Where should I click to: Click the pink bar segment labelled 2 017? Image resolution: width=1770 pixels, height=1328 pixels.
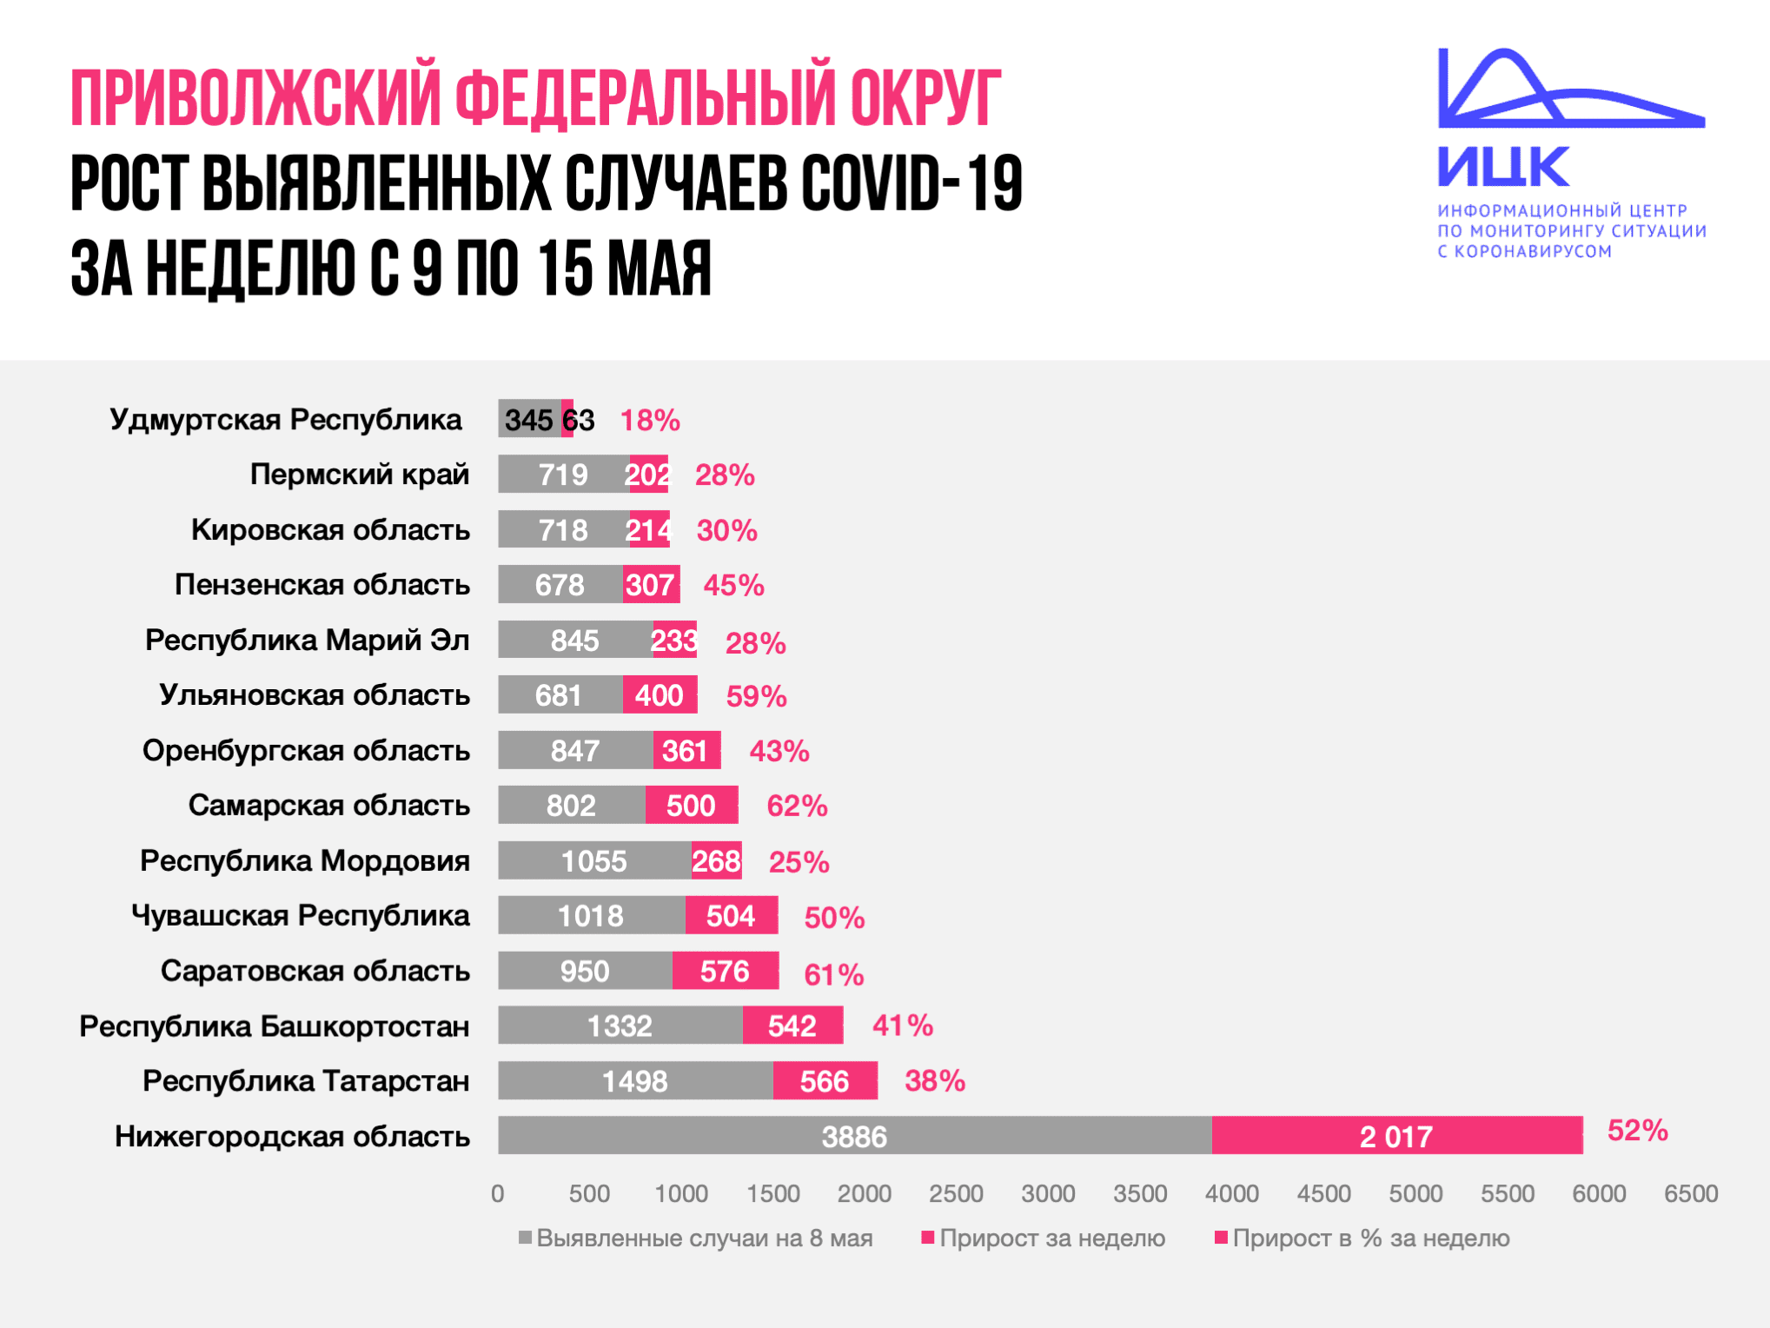[1396, 1136]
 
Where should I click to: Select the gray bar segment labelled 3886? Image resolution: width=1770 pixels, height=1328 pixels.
[854, 1136]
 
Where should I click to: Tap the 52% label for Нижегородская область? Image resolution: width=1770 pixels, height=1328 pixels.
[1637, 1130]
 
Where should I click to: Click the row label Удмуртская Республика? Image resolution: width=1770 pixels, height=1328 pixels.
[285, 419]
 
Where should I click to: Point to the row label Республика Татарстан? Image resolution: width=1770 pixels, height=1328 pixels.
[306, 1081]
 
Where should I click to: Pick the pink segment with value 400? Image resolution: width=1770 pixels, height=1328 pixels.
[660, 695]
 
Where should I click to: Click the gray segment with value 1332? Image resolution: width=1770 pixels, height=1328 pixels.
[620, 1026]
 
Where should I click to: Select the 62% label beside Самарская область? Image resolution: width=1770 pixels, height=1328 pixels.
[797, 806]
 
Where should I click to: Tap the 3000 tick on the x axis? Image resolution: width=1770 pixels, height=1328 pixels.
[1048, 1193]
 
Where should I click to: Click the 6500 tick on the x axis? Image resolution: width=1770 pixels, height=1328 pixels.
[1691, 1193]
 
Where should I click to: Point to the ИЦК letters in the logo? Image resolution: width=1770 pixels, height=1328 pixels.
[1502, 166]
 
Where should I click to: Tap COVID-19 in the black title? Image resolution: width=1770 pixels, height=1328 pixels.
[912, 183]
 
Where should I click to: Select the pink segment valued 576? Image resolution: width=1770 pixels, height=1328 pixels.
[725, 971]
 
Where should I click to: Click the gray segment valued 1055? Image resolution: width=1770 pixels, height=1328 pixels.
[593, 861]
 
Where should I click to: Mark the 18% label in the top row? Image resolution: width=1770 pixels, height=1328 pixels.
[649, 420]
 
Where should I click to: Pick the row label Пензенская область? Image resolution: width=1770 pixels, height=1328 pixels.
[322, 585]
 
